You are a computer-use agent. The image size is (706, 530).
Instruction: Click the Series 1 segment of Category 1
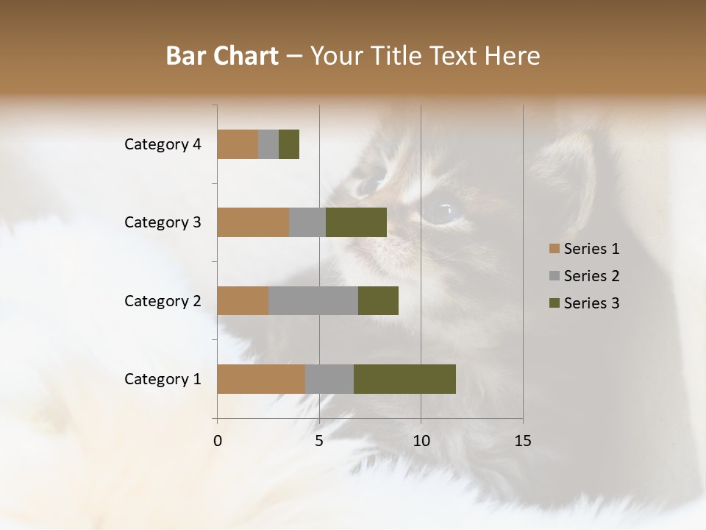pyautogui.click(x=261, y=379)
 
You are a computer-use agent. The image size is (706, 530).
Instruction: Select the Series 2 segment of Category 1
pyautogui.click(x=329, y=379)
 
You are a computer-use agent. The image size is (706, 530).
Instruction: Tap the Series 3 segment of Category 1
pyautogui.click(x=404, y=379)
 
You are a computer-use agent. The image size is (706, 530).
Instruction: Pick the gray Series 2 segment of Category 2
pyautogui.click(x=313, y=300)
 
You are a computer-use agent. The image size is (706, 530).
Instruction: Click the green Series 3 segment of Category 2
pyautogui.click(x=378, y=300)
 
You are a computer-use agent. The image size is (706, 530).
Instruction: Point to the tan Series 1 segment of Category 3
pyautogui.click(x=253, y=222)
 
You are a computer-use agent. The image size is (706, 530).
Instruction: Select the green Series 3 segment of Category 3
pyautogui.click(x=356, y=222)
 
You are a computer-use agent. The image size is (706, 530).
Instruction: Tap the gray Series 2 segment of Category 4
pyautogui.click(x=268, y=144)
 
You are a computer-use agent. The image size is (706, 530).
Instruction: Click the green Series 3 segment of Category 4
pyautogui.click(x=289, y=144)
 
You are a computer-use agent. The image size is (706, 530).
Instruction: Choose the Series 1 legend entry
pyautogui.click(x=584, y=249)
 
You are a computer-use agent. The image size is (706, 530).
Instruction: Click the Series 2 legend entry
pyautogui.click(x=584, y=276)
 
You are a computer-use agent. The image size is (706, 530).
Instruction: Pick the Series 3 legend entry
pyautogui.click(x=584, y=303)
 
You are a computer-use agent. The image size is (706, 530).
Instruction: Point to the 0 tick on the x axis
pyautogui.click(x=218, y=441)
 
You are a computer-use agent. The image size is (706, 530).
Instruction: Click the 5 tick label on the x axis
pyautogui.click(x=319, y=441)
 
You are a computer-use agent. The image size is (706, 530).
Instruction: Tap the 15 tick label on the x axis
pyautogui.click(x=522, y=441)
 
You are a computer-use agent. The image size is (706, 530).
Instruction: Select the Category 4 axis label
pyautogui.click(x=163, y=144)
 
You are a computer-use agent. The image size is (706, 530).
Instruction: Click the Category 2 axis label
pyautogui.click(x=163, y=300)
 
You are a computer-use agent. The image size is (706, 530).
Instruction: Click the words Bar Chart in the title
pyautogui.click(x=222, y=55)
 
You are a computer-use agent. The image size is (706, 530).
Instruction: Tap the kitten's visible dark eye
pyautogui.click(x=441, y=211)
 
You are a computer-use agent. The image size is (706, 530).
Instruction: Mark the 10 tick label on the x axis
pyautogui.click(x=421, y=441)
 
